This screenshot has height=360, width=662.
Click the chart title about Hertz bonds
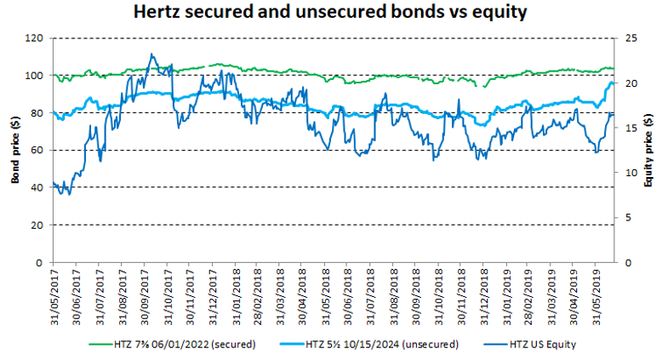tap(331, 14)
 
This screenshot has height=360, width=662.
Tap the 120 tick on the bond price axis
tap(35, 38)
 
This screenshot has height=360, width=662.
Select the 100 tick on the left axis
tap(35, 76)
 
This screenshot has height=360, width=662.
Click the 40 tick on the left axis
tap(38, 188)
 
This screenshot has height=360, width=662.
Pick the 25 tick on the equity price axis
tap(628, 38)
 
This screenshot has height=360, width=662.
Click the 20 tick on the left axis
tap(38, 226)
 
